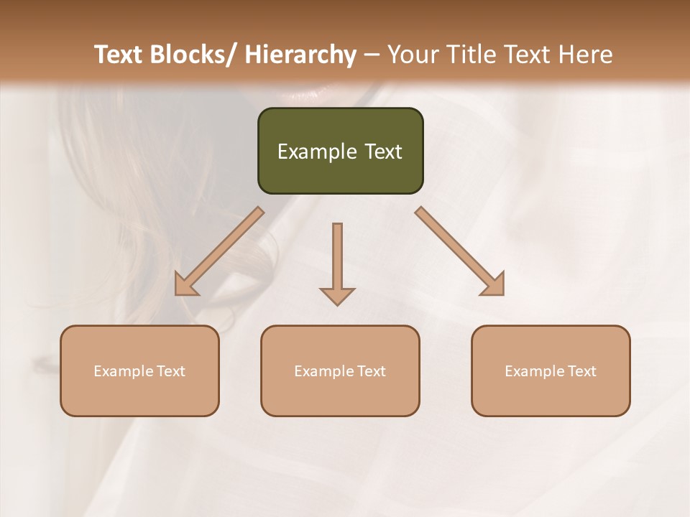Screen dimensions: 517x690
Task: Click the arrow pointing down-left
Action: (x=219, y=251)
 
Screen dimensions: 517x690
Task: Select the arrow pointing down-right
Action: (x=460, y=251)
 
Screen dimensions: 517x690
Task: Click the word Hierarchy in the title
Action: (x=300, y=55)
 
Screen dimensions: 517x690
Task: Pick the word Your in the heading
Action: (x=413, y=55)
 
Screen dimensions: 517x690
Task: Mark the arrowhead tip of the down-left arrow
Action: (x=177, y=293)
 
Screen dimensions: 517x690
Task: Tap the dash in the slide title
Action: (x=372, y=55)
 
